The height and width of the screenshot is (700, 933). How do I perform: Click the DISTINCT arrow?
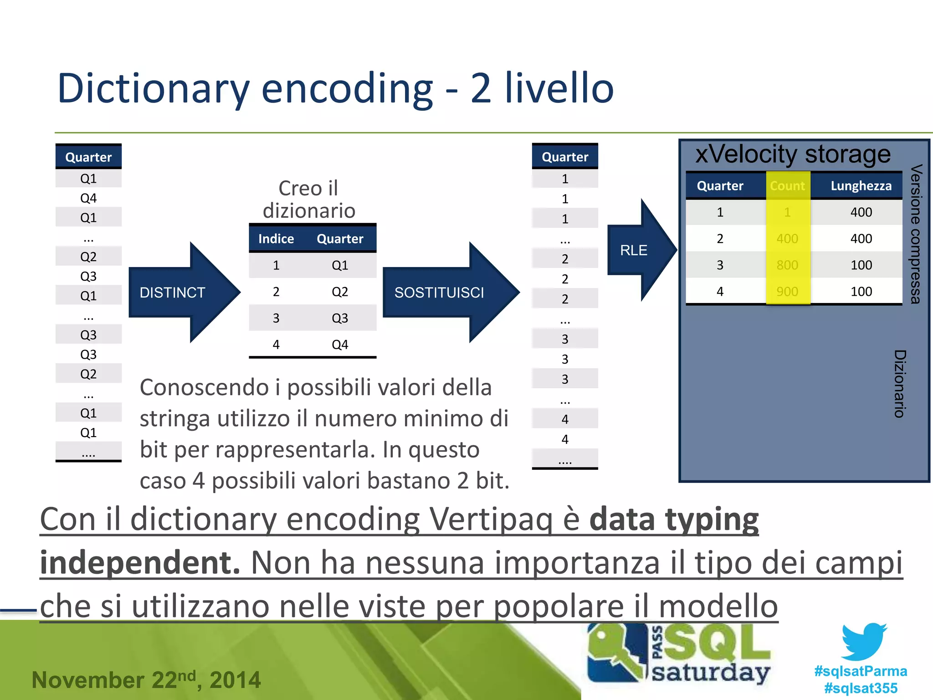tap(178, 292)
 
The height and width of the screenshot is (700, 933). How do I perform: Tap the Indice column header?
tap(276, 239)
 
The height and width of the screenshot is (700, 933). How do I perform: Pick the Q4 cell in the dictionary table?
tap(340, 345)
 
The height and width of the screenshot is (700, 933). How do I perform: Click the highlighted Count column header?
tap(787, 186)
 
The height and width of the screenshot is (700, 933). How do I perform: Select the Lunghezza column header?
tap(861, 186)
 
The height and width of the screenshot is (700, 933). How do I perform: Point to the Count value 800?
tap(787, 265)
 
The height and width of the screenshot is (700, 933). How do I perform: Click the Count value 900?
tap(787, 292)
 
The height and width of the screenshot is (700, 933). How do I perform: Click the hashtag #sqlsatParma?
tap(861, 671)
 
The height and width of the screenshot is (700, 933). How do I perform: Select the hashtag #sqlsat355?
tap(861, 688)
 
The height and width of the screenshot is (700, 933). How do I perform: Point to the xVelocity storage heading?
tap(793, 154)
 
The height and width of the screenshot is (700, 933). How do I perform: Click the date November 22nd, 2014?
tap(146, 680)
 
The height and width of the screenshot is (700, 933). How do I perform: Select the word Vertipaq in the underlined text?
tap(491, 519)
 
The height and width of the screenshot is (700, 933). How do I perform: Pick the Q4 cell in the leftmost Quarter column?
tap(88, 198)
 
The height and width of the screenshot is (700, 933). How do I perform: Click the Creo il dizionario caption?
tap(309, 200)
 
